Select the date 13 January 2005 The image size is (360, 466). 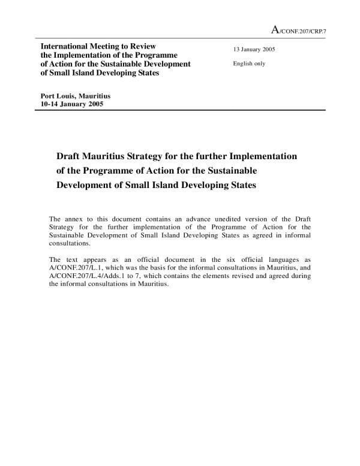click(254, 49)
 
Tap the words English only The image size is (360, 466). click(249, 63)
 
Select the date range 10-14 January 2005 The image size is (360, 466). click(71, 104)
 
